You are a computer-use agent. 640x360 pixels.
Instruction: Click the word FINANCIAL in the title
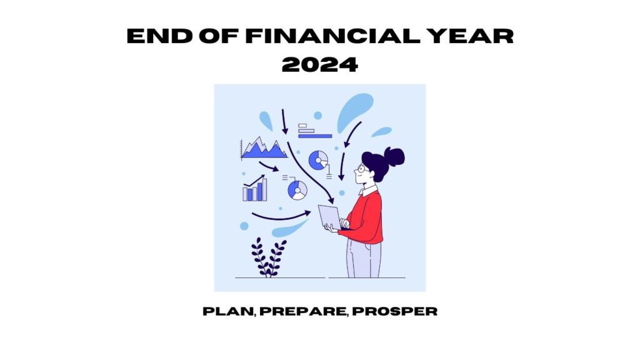click(332, 36)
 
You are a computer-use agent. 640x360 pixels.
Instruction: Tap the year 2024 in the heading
click(320, 64)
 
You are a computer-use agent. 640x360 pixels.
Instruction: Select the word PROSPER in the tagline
click(395, 311)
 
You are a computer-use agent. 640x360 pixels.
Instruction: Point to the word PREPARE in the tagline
click(303, 311)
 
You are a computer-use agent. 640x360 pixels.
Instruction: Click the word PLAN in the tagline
click(228, 311)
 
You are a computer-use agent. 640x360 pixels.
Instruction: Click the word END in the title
click(159, 36)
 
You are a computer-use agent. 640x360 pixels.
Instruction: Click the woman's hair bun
click(395, 157)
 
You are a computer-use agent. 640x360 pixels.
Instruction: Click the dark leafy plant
click(268, 257)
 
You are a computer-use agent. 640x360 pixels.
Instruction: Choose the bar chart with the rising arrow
click(255, 188)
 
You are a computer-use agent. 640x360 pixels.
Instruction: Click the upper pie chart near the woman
click(318, 160)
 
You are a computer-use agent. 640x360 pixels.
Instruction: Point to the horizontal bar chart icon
click(315, 131)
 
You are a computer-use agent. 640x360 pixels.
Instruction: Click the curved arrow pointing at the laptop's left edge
click(282, 217)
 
